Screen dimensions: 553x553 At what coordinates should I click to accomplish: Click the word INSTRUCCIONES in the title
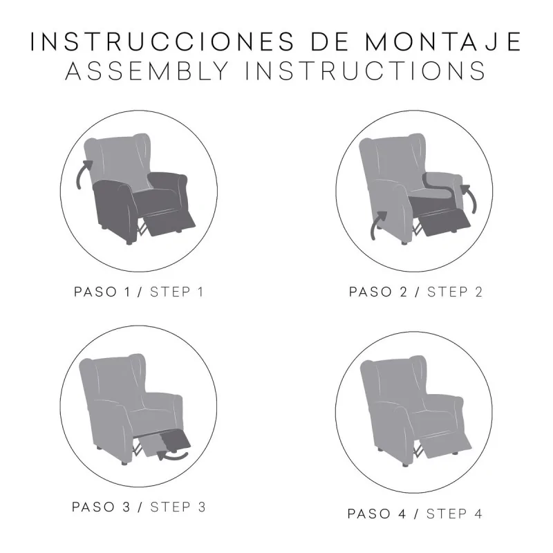tap(156, 41)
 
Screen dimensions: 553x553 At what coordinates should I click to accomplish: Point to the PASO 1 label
tap(104, 292)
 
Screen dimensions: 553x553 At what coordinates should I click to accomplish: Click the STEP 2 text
tap(454, 292)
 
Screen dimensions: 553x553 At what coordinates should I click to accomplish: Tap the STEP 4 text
tap(454, 514)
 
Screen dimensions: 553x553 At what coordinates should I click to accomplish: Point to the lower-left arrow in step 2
tap(379, 225)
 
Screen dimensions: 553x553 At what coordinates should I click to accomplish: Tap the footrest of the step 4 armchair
tap(447, 442)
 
